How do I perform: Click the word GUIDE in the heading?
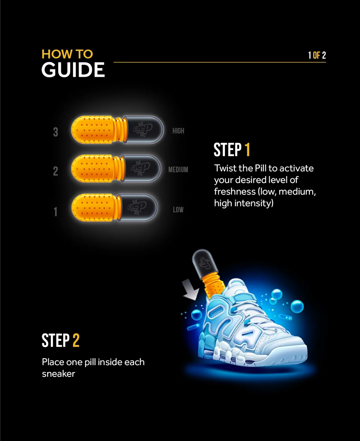tap(73, 70)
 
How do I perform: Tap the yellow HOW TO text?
tap(67, 54)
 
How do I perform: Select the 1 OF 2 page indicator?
tap(317, 55)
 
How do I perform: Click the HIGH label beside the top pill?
tap(178, 131)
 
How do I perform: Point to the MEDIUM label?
tap(178, 169)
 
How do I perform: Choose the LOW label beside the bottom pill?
tap(178, 209)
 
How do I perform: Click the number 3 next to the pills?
tap(55, 132)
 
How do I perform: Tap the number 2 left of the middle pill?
tap(55, 171)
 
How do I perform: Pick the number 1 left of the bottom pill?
tap(55, 211)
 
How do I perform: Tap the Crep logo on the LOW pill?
tap(137, 207)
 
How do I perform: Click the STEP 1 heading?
tap(232, 150)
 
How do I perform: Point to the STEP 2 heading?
tap(61, 340)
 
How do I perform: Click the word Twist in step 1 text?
tap(224, 168)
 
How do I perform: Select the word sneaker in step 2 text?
tap(58, 374)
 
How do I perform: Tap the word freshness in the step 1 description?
tap(235, 191)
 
